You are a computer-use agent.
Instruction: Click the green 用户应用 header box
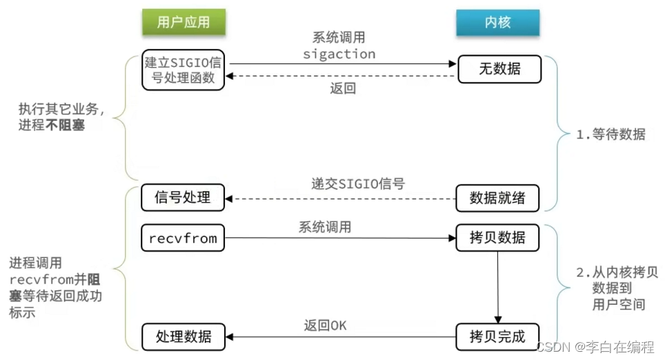click(183, 22)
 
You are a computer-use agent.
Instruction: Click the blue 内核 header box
click(497, 22)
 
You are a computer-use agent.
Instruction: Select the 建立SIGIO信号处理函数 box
click(183, 69)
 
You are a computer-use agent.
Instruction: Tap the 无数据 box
click(499, 69)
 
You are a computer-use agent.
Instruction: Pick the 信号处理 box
click(183, 197)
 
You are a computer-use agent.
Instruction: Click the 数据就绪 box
click(497, 198)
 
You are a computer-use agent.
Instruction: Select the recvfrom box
click(183, 239)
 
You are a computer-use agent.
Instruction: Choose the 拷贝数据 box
click(497, 239)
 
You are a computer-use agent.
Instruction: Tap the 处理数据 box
click(183, 337)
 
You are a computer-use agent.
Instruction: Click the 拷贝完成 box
click(497, 337)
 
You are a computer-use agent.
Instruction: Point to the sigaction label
click(339, 54)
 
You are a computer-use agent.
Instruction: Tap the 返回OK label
click(325, 325)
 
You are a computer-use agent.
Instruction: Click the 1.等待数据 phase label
click(611, 134)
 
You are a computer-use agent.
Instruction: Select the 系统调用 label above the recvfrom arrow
click(325, 226)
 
